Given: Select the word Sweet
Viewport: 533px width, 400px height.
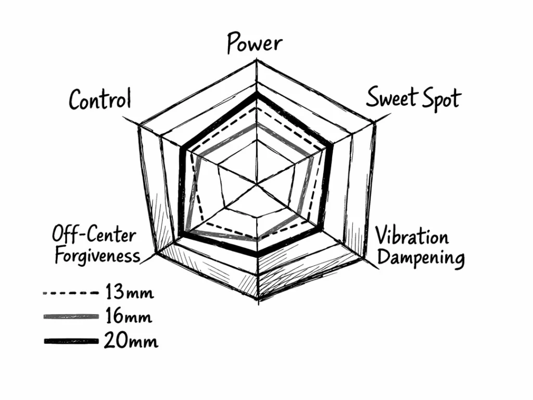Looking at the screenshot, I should [x=391, y=97].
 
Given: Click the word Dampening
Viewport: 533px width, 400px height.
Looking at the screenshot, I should [x=421, y=258].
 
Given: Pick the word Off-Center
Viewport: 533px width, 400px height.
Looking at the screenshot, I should [x=94, y=235].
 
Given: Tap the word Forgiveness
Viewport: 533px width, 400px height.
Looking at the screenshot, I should [x=97, y=256].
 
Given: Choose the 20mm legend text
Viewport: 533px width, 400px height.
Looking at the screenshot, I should [x=131, y=341].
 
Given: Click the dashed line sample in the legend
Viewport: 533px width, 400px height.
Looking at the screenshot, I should [x=70, y=293].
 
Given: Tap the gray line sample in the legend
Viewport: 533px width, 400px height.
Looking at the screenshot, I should [x=70, y=317].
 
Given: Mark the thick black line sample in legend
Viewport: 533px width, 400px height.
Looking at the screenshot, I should [x=70, y=341].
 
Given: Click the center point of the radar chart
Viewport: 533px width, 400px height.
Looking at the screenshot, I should [x=257, y=184].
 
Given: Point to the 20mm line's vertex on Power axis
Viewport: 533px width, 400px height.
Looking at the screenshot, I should [x=257, y=94].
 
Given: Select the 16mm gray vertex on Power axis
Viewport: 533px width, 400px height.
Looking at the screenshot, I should [x=257, y=125].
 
